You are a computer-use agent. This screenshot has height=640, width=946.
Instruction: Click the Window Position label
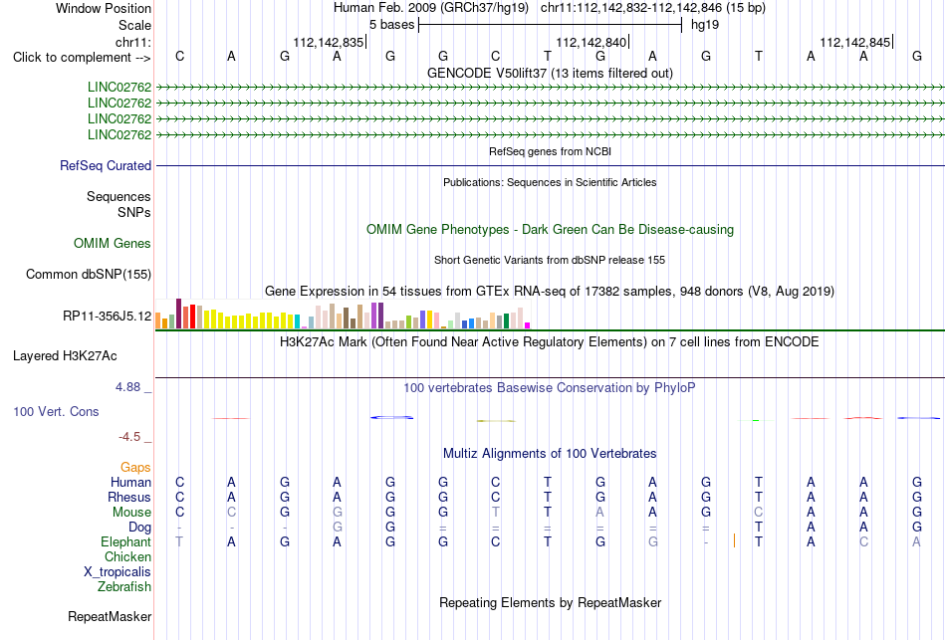tap(104, 8)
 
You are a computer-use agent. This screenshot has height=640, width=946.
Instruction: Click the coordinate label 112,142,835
tap(329, 42)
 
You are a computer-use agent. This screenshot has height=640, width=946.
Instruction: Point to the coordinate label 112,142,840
tap(591, 42)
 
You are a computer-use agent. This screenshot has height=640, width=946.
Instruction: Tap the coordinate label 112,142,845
tap(855, 42)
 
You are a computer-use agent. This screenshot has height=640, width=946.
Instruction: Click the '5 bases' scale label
tap(392, 25)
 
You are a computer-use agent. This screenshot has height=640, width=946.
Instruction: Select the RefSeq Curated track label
tap(106, 165)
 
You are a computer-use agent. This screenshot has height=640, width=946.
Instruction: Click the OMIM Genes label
tap(113, 243)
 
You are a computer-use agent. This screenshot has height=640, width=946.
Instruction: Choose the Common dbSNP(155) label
tap(89, 274)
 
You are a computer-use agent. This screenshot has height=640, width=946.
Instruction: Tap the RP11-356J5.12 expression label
tap(108, 317)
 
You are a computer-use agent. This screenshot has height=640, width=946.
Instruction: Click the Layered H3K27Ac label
tap(65, 356)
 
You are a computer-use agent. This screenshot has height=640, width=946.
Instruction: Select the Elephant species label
tap(125, 541)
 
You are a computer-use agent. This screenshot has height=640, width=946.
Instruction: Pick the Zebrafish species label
tap(124, 586)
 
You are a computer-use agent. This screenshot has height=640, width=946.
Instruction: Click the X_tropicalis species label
tap(118, 572)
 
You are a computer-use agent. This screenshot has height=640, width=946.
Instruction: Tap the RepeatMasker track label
tap(110, 616)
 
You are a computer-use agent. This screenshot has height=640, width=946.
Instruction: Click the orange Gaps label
tap(135, 468)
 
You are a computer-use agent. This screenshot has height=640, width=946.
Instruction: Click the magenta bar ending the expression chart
tap(528, 325)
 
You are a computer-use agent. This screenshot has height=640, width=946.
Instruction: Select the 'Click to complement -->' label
tap(82, 58)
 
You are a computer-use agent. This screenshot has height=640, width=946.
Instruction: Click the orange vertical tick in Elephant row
tap(734, 540)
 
